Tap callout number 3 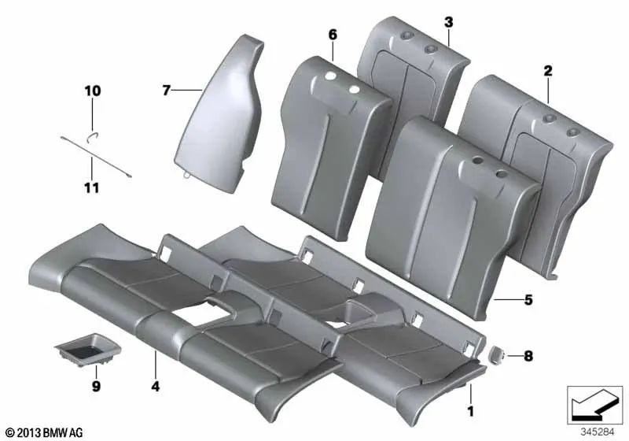point(448,21)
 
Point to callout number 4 point(156,387)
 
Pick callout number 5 point(528,300)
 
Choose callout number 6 point(333,34)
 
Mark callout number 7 point(166,91)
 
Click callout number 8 point(528,356)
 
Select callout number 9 point(96,387)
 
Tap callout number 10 point(93,91)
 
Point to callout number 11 point(92,187)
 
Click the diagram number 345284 point(598,432)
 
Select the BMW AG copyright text point(46,432)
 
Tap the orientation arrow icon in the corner point(594,402)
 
